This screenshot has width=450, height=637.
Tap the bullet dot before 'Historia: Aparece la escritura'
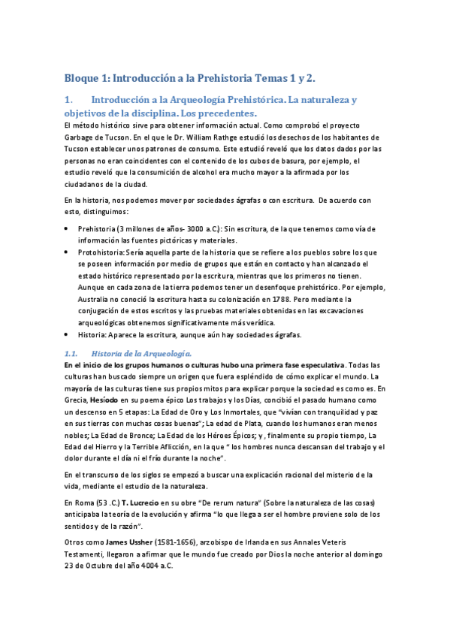tap(67, 334)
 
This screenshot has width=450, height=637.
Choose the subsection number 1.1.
tap(71, 352)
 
